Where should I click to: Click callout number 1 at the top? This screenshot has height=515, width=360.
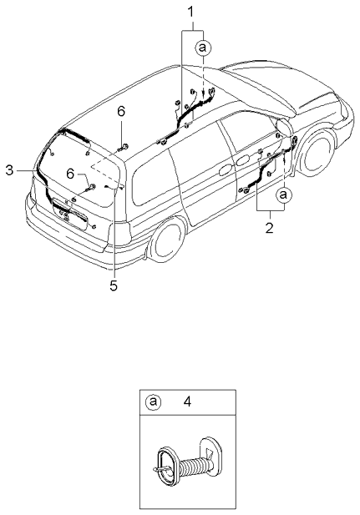tap(190, 12)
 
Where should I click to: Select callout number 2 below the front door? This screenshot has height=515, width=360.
tap(270, 225)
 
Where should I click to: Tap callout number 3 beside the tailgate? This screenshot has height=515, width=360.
tap(9, 170)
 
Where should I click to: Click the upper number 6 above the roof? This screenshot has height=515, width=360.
tap(121, 111)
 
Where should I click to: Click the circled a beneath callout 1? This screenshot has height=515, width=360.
tap(201, 48)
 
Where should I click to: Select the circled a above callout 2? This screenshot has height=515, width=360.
tap(283, 194)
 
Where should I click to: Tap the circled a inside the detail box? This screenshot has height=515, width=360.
tap(152, 401)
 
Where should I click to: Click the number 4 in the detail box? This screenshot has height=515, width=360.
tap(187, 401)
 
